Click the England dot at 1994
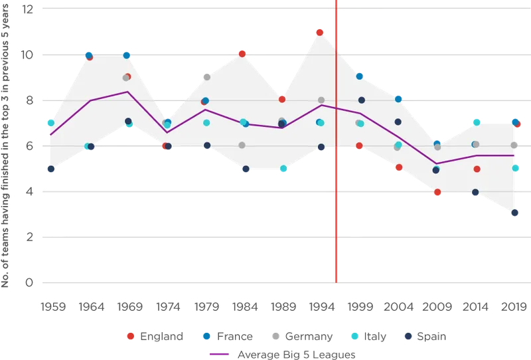320,33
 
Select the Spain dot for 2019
514,213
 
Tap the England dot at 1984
242,54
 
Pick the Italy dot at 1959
51,123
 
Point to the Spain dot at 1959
51,169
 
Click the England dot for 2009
437,192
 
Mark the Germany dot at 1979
207,77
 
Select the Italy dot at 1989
284,169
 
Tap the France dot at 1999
359,76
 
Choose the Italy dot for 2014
477,122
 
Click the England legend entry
155,337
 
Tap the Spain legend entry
425,337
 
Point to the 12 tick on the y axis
27,9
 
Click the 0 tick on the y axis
29,283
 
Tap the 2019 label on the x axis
514,308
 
